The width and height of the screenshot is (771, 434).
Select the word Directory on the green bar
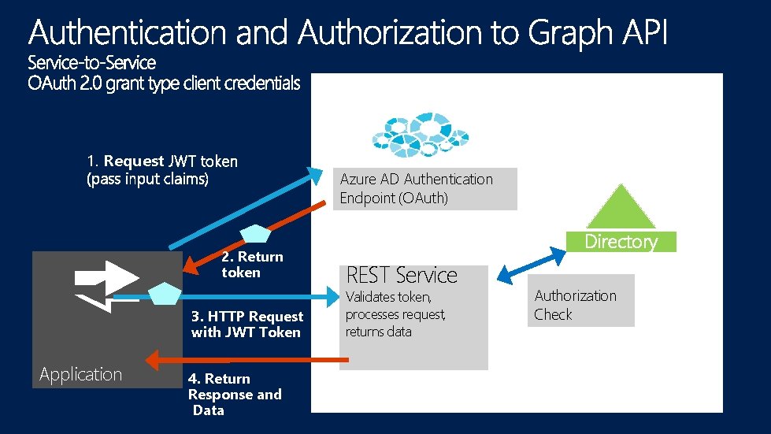tap(621, 242)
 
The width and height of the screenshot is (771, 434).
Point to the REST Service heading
tap(402, 276)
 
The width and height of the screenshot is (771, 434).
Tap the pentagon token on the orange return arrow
tap(255, 234)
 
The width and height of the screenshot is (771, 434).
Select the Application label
tap(80, 375)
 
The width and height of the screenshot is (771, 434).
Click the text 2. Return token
tap(252, 265)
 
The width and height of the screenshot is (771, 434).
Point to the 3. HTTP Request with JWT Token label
tap(246, 325)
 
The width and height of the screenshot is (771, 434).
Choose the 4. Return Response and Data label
tap(234, 395)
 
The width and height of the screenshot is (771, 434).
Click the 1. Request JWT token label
tap(161, 170)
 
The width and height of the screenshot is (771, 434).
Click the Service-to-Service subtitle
tap(92, 62)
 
